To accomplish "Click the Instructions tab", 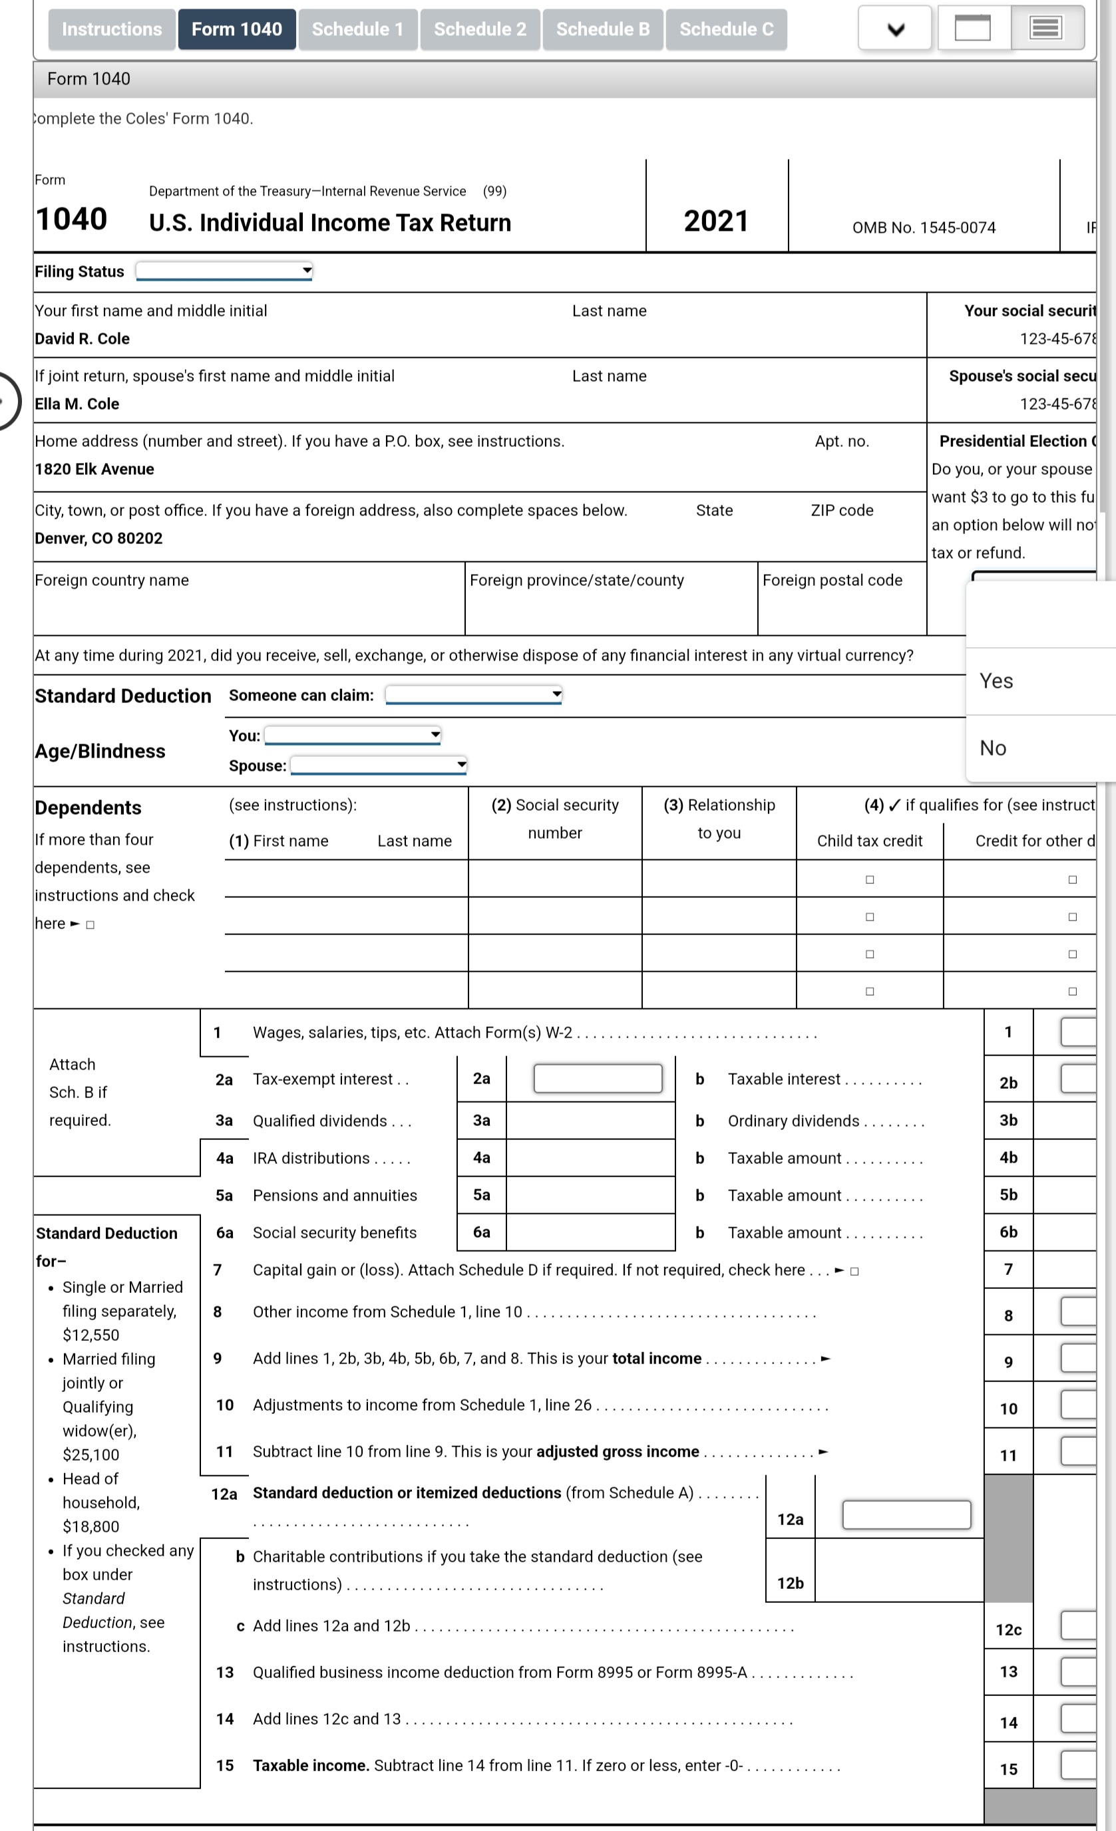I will pos(112,30).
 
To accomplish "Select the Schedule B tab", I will pos(602,30).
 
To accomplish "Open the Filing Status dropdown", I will pos(224,271).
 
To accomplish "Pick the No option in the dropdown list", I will pos(993,748).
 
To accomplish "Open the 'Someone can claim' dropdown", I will pos(473,695).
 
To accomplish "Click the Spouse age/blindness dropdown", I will pos(378,766).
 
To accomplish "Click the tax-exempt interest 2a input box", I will pos(597,1078).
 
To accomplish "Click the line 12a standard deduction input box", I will pos(906,1514).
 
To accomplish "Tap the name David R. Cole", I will pos(82,339).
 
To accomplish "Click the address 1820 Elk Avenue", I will pos(94,470).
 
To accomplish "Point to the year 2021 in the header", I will pos(715,221).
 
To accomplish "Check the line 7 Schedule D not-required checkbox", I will pos(854,1272).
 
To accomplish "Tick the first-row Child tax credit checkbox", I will pos(869,880).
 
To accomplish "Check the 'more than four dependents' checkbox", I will pos(90,925).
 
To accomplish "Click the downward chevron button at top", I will pos(895,30).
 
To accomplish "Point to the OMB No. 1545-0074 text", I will pos(924,228).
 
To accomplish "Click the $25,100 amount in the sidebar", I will pos(91,1455).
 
